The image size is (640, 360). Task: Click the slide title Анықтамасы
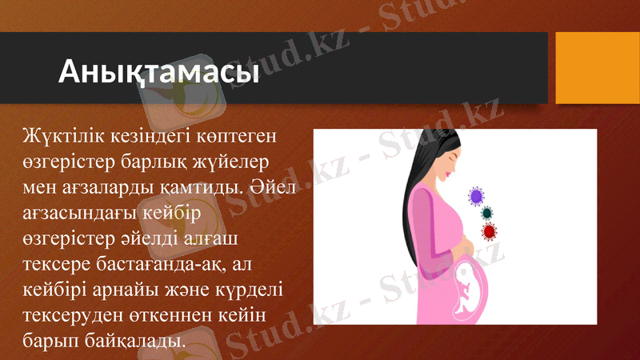[x=158, y=72]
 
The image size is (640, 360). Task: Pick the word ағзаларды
[x=110, y=188]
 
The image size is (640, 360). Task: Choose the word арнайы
[x=120, y=290]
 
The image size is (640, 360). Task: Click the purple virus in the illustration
[x=477, y=195]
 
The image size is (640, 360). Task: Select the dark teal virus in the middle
[x=486, y=214]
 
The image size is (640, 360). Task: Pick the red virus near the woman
[x=489, y=231]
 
